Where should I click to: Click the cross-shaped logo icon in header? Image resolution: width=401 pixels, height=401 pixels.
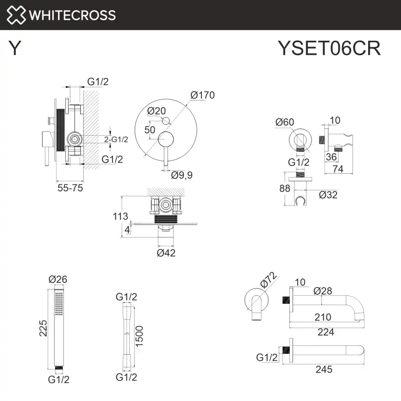pos(16,15)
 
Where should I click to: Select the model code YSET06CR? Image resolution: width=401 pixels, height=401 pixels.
pos(329,48)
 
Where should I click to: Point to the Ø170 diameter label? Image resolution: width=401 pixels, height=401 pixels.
pos(202,95)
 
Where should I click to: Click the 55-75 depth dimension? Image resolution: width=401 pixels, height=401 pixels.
pos(70,188)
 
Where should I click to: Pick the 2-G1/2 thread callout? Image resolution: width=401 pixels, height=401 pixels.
pos(116,139)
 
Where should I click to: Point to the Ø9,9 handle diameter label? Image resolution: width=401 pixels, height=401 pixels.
pos(182,175)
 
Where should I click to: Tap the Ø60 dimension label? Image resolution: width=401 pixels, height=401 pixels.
pos(284,122)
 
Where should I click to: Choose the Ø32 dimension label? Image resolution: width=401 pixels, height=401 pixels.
pos(328,194)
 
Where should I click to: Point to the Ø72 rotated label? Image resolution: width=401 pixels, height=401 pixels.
pos(269,281)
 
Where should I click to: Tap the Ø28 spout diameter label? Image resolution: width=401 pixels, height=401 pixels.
pos(322,291)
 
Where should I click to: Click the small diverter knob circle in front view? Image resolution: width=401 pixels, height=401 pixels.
pos(166,121)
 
